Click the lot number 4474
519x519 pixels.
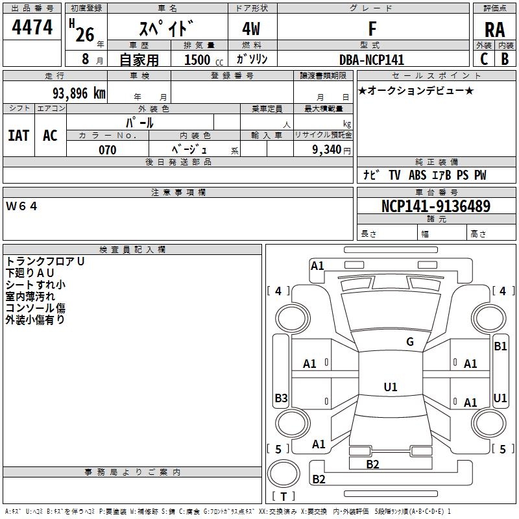(32, 27)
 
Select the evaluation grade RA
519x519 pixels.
(494, 30)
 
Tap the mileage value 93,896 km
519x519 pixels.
(79, 93)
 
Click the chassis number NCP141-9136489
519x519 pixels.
(436, 206)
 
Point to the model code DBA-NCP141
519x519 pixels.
(372, 60)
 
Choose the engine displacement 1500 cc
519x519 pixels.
(204, 60)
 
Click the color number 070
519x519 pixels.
(107, 150)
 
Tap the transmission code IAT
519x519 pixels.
(19, 136)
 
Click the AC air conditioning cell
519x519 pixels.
(50, 136)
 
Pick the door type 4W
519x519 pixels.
(251, 29)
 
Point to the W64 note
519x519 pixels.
(21, 206)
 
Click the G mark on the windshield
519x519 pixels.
(410, 342)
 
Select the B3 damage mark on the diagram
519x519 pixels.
(281, 398)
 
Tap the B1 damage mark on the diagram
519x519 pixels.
(500, 346)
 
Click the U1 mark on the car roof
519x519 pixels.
(391, 387)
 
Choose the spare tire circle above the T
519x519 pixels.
(284, 474)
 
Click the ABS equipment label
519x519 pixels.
(417, 175)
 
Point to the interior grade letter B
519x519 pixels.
(505, 59)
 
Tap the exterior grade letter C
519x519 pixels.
(484, 59)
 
